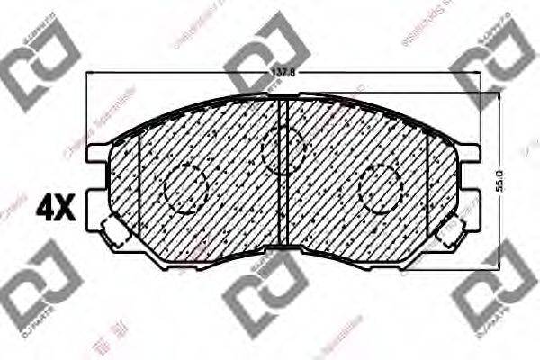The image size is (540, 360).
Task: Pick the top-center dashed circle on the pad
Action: (x=283, y=148)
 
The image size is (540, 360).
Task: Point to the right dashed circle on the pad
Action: (x=380, y=188)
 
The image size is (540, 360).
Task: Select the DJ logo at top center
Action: (x=267, y=51)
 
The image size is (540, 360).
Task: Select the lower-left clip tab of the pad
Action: (x=113, y=236)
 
